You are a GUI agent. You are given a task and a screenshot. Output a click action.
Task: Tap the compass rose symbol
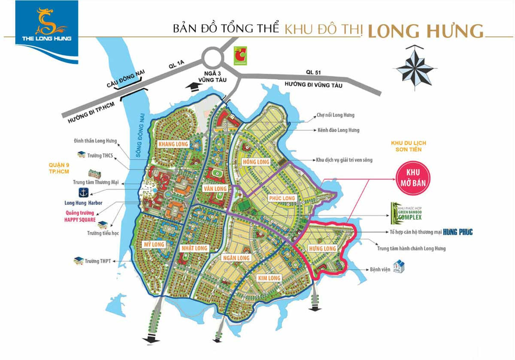click(414, 68)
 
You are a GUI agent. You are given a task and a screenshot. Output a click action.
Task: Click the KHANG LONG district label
click(173, 144)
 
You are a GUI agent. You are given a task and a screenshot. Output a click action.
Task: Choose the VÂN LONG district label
click(215, 188)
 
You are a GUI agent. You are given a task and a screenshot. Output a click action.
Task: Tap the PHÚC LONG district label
click(282, 198)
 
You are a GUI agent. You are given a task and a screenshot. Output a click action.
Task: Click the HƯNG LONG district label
click(322, 248)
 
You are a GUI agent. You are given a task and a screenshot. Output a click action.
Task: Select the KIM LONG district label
click(269, 278)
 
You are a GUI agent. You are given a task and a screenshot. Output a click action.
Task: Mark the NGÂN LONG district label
click(236, 257)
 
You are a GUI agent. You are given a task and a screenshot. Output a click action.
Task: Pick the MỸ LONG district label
click(154, 244)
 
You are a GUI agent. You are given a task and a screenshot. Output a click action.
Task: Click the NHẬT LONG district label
click(194, 248)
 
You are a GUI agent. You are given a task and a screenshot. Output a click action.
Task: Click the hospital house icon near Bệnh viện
click(399, 266)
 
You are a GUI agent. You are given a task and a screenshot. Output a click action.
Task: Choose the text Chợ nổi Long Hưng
click(336, 115)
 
